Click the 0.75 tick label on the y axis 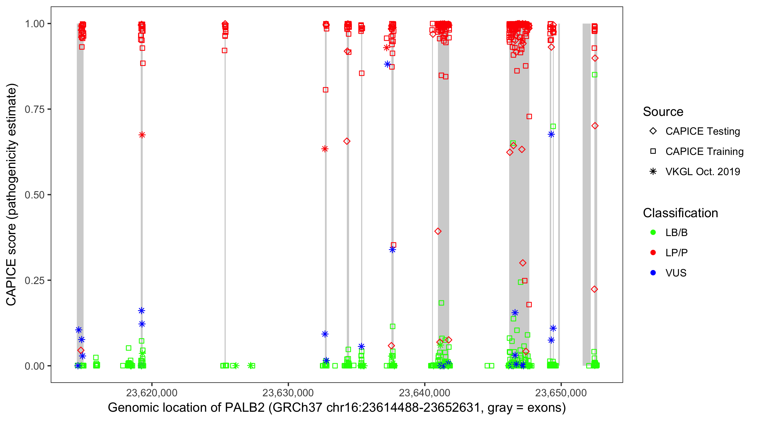point(34,109)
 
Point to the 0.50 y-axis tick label point(34,195)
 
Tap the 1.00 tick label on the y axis point(34,24)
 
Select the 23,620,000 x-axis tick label point(152,393)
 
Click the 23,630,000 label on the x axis point(288,393)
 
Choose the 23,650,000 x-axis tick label point(561,393)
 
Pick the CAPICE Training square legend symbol point(653,152)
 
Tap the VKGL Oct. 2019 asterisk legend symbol point(653,171)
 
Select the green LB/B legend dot point(653,232)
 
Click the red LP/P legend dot point(653,253)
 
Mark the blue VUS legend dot point(653,273)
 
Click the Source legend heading point(663,112)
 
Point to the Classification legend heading point(680,213)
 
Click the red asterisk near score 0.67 point(142,135)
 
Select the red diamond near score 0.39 point(438,231)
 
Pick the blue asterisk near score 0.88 point(387,64)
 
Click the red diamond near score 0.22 point(594,289)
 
